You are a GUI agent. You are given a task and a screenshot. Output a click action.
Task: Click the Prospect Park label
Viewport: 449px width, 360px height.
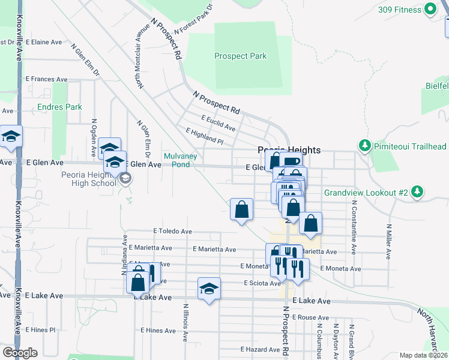[240, 56]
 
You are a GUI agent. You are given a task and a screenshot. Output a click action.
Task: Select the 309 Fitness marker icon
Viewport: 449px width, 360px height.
[430, 10]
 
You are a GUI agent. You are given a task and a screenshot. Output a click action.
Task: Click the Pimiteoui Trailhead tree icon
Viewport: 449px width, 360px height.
[364, 146]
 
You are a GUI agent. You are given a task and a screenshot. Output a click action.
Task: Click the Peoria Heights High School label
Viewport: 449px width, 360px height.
[85, 178]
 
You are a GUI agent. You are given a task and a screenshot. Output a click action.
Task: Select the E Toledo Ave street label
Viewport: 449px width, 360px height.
[172, 231]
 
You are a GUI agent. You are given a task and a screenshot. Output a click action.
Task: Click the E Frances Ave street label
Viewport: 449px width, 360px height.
[46, 79]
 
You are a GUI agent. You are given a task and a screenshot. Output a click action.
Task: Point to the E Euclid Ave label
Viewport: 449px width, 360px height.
[218, 123]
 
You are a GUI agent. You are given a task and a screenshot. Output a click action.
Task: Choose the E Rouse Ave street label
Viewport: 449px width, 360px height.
[311, 317]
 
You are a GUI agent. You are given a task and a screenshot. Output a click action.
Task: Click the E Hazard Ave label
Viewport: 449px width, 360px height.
[260, 349]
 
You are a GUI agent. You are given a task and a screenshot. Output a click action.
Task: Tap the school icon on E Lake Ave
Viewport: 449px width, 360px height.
[209, 289]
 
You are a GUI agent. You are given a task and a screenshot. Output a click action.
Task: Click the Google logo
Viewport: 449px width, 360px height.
[20, 353]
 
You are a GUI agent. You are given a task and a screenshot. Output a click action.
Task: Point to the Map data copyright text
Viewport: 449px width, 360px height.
[424, 355]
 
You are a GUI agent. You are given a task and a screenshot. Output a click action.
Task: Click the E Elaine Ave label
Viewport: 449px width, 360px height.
[44, 43]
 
